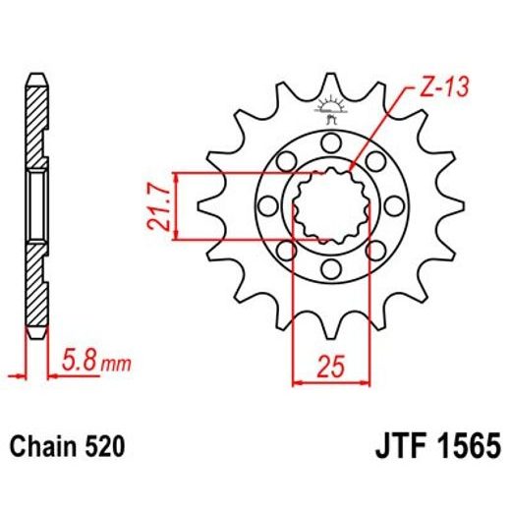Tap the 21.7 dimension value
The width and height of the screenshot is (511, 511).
(x=156, y=205)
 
